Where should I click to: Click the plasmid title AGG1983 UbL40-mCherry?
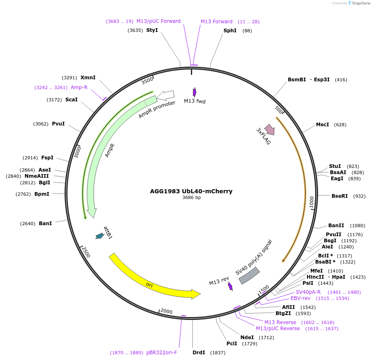[191, 191]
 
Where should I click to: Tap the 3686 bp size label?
[191, 198]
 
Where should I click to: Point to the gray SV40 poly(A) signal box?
[249, 276]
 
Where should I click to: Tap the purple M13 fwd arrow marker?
[195, 92]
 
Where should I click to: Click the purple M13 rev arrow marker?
[230, 286]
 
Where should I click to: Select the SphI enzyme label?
[230, 31]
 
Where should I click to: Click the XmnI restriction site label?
[88, 77]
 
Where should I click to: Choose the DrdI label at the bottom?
[199, 352]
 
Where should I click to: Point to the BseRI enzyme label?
[340, 196]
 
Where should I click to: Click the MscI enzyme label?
[322, 124]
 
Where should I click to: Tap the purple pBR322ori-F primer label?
[161, 352]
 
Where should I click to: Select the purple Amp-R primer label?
[79, 87]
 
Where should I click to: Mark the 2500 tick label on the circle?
[85, 252]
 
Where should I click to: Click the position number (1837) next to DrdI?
[217, 353]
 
